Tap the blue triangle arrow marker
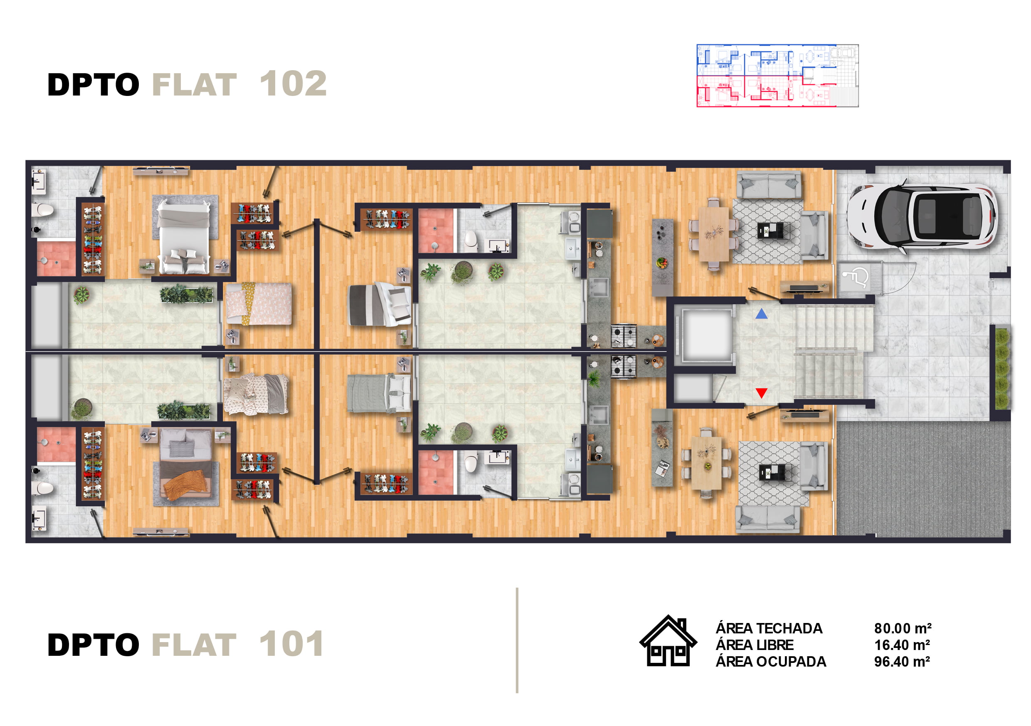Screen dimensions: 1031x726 coord(761,314)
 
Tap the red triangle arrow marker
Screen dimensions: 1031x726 coord(761,393)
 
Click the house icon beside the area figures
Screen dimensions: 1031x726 coord(668,640)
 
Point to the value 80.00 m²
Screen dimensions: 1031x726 coord(903,628)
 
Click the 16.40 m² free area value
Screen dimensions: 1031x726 coord(902,645)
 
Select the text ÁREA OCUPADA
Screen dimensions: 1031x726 coord(771,661)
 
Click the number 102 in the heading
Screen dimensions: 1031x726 coord(293,83)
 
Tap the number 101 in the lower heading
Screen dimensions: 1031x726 coord(291,644)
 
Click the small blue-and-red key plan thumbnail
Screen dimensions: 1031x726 coord(777,75)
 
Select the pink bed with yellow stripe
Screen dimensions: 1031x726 coord(258,303)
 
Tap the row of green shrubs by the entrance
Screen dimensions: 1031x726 coord(1002,368)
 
